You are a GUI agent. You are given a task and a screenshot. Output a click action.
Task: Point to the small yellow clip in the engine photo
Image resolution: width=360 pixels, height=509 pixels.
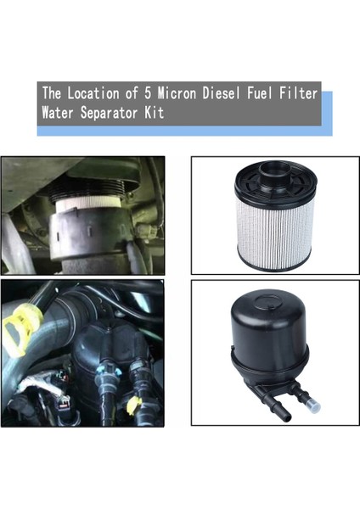tap(132, 405)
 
